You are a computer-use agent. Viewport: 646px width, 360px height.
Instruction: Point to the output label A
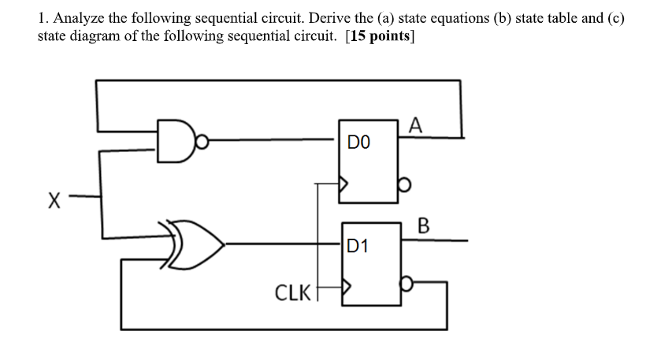416,124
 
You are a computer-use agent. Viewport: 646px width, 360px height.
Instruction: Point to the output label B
423,228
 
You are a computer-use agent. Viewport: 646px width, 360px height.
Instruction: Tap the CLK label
292,293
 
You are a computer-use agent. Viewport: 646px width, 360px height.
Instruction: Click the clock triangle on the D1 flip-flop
344,289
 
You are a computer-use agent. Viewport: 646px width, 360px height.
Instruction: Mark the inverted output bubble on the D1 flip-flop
405,281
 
